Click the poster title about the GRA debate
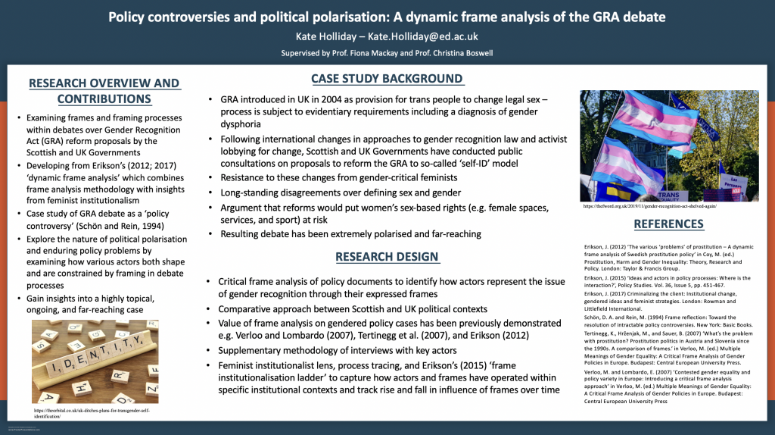[x=387, y=17]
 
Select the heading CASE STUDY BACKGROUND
[x=387, y=79]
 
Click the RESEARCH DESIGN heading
[x=387, y=257]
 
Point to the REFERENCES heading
[x=668, y=224]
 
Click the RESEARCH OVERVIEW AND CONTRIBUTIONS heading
[x=103, y=91]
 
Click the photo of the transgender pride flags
[x=669, y=146]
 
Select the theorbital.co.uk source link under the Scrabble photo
[x=92, y=412]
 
